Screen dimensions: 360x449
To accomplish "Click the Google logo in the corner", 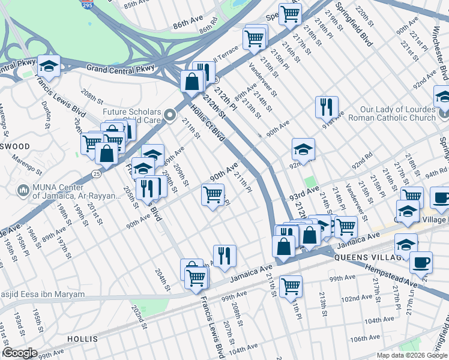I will [x=20, y=353].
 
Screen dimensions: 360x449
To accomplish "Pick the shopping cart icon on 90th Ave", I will [x=212, y=194].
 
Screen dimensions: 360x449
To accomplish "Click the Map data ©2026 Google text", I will [x=412, y=355].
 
